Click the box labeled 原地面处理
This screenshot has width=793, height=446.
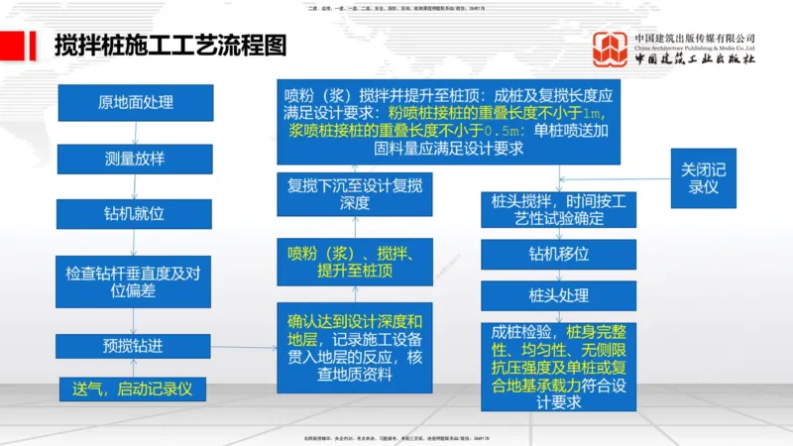point(135,103)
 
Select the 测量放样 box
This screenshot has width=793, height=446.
point(135,159)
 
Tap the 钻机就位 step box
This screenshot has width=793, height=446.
point(135,213)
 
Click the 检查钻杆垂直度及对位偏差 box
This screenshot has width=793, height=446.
point(135,280)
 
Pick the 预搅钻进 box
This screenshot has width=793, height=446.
point(135,346)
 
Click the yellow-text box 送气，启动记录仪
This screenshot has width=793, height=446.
point(133,388)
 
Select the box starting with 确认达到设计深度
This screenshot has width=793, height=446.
point(354,348)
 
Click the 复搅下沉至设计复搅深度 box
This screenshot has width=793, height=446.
point(354,194)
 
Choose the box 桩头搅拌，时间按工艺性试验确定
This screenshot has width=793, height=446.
point(559,209)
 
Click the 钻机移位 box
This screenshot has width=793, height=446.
point(559,254)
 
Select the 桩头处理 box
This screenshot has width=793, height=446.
point(559,295)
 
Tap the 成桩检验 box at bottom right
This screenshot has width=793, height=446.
point(559,366)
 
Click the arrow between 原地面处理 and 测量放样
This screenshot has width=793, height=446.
point(135,131)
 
